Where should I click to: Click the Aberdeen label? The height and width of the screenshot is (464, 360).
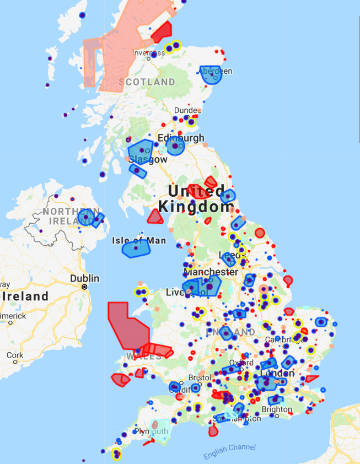(218, 71)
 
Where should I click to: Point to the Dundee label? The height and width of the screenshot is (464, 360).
(185, 110)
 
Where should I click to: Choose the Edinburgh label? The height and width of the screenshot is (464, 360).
(181, 138)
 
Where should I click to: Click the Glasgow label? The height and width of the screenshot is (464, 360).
(148, 159)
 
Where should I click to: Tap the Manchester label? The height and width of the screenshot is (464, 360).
(211, 272)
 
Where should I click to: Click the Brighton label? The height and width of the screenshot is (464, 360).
(277, 409)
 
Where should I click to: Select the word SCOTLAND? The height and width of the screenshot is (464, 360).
(147, 82)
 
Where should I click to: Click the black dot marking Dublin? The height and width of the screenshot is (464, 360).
(84, 287)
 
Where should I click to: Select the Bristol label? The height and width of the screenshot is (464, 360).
(199, 377)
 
